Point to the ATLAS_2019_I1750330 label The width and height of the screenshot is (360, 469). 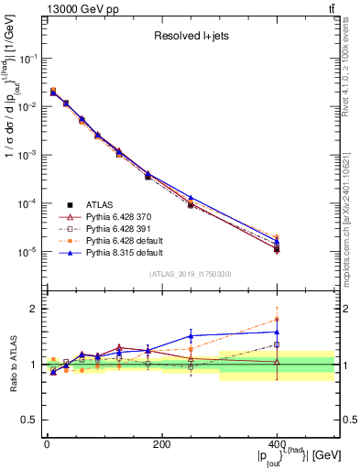click(191, 273)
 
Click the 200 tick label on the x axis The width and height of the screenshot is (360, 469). click(161, 444)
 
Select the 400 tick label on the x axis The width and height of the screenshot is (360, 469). click(277, 444)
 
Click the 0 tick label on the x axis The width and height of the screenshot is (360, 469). click(47, 444)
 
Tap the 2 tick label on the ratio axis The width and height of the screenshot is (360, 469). click(34, 310)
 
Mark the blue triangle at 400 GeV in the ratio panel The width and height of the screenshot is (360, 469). click(277, 332)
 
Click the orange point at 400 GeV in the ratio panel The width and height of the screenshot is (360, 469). click(277, 319)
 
